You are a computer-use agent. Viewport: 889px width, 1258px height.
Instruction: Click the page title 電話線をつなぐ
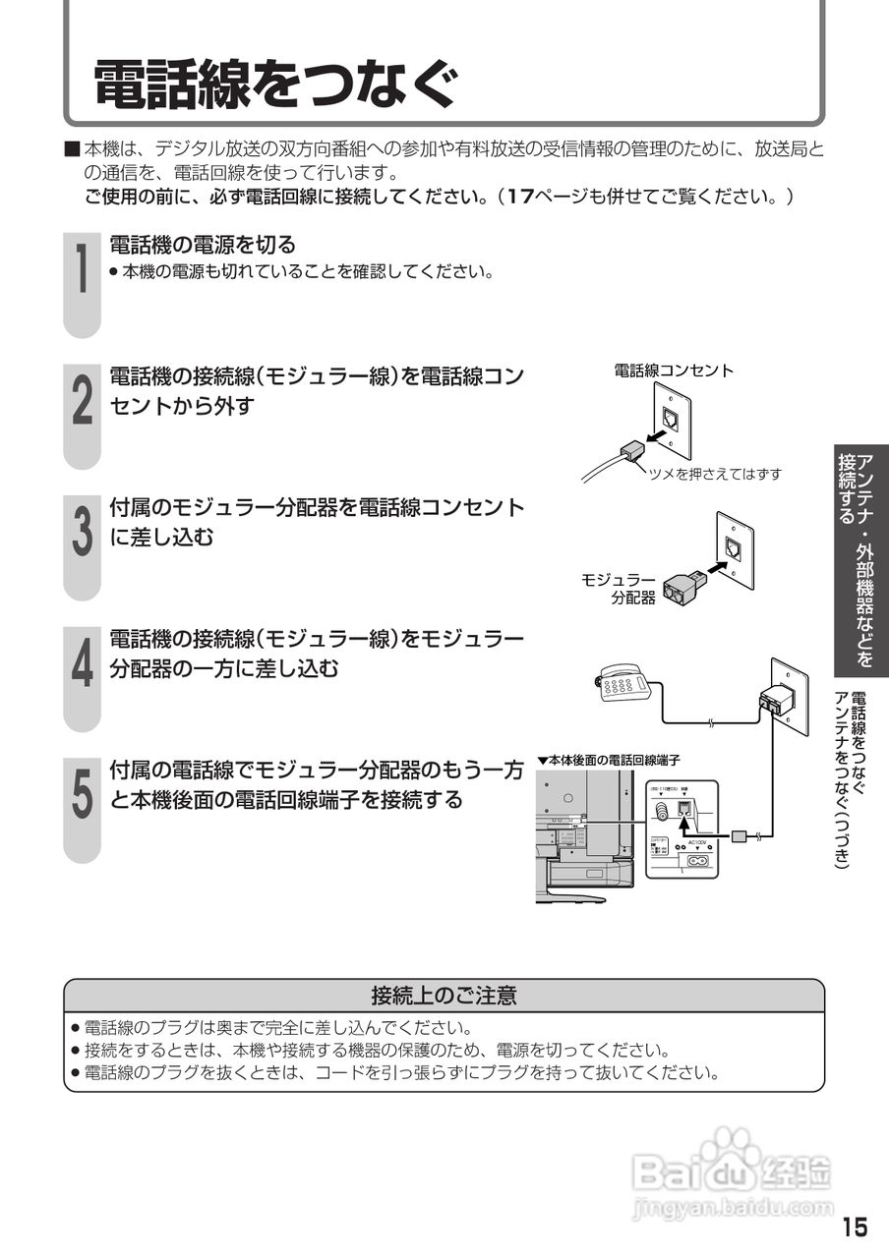pyautogui.click(x=275, y=84)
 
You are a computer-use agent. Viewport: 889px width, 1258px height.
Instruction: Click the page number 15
pyautogui.click(x=855, y=1228)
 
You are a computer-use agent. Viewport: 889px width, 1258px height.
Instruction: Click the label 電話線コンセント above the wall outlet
pyautogui.click(x=674, y=372)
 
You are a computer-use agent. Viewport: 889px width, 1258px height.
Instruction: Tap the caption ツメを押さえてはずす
pyautogui.click(x=715, y=474)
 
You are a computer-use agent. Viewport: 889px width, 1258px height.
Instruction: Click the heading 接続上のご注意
pyautogui.click(x=444, y=996)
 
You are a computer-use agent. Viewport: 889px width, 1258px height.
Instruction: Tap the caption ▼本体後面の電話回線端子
pyautogui.click(x=609, y=760)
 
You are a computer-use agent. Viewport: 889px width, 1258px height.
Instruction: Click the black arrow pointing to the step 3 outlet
pyautogui.click(x=717, y=567)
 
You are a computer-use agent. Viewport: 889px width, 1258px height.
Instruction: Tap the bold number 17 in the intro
pyautogui.click(x=518, y=196)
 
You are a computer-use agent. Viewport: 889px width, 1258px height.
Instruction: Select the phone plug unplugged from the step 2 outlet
pyautogui.click(x=629, y=451)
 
